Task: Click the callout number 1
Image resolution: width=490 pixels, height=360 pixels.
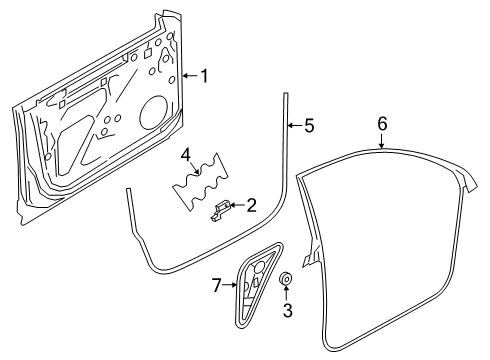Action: (x=204, y=76)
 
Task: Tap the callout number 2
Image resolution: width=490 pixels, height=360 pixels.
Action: (x=251, y=205)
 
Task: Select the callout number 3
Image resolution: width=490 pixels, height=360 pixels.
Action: (x=287, y=310)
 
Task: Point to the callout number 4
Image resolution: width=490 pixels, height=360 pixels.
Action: (x=186, y=156)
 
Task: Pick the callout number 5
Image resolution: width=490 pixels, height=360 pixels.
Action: (x=309, y=126)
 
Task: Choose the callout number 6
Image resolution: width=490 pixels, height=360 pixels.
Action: (x=382, y=124)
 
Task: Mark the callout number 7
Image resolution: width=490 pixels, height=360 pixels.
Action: (x=217, y=285)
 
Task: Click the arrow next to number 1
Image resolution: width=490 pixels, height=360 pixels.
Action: (x=191, y=76)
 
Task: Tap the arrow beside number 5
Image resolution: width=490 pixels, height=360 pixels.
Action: (x=295, y=126)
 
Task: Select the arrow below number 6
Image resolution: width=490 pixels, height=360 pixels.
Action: (x=382, y=141)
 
